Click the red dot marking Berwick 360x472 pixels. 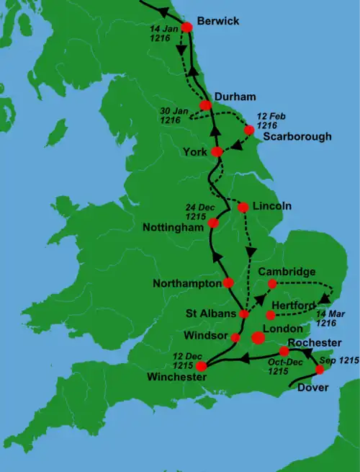(x=186, y=27)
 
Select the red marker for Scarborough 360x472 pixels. (x=249, y=130)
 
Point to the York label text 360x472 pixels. (x=195, y=152)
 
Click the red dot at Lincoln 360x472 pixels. (x=243, y=207)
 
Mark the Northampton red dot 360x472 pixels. (x=229, y=282)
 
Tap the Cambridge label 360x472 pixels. (x=287, y=272)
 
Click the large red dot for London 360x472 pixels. (x=258, y=337)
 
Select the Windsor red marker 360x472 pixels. (x=235, y=337)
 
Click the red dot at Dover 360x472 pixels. (x=320, y=370)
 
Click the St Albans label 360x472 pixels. (x=210, y=314)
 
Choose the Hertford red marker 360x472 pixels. (x=270, y=315)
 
